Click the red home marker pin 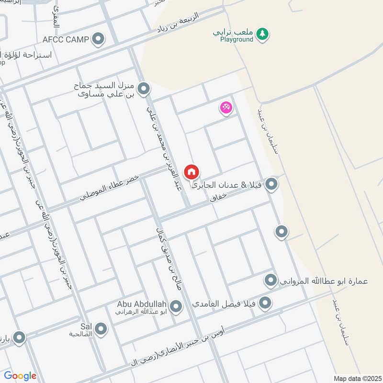click(x=191, y=171)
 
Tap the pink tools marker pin click(x=226, y=107)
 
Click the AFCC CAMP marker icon click(x=98, y=39)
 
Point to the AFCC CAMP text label click(x=66, y=39)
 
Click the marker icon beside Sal click(x=101, y=328)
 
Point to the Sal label click(x=86, y=326)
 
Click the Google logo click(x=20, y=376)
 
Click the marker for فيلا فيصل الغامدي click(x=264, y=303)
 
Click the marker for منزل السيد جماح click(x=143, y=89)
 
